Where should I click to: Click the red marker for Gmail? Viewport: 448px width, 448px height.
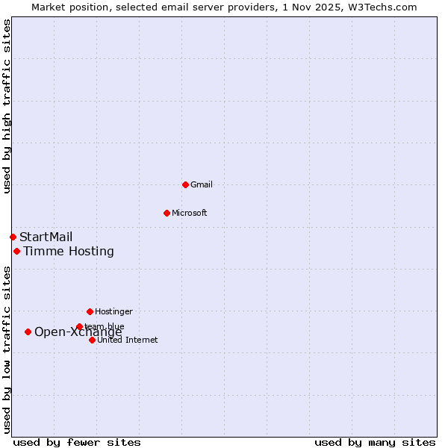tap(185, 184)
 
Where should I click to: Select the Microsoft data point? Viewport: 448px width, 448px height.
tap(167, 213)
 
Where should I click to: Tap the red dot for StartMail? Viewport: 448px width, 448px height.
tap(13, 237)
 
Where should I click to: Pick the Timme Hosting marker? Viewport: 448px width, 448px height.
tap(16, 252)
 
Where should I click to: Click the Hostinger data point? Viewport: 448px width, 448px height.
tap(90, 311)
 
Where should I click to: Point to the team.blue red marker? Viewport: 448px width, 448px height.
tap(79, 327)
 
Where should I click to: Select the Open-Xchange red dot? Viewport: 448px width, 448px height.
tap(28, 332)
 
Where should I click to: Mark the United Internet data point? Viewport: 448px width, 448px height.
tap(92, 340)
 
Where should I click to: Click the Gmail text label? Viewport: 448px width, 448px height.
tap(202, 184)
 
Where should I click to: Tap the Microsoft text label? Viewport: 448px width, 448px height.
tap(190, 213)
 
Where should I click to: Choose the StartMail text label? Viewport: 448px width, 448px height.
tap(46, 237)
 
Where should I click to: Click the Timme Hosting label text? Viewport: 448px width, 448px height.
tap(69, 252)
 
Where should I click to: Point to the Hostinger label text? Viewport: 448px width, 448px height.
tap(113, 311)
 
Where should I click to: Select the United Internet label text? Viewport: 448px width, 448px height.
tap(128, 340)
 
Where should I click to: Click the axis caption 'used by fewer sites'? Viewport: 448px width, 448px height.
tap(77, 443)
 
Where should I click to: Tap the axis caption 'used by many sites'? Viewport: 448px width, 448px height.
tap(375, 443)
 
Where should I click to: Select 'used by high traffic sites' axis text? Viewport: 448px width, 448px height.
tap(7, 106)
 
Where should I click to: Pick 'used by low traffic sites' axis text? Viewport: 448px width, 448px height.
tap(7, 349)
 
